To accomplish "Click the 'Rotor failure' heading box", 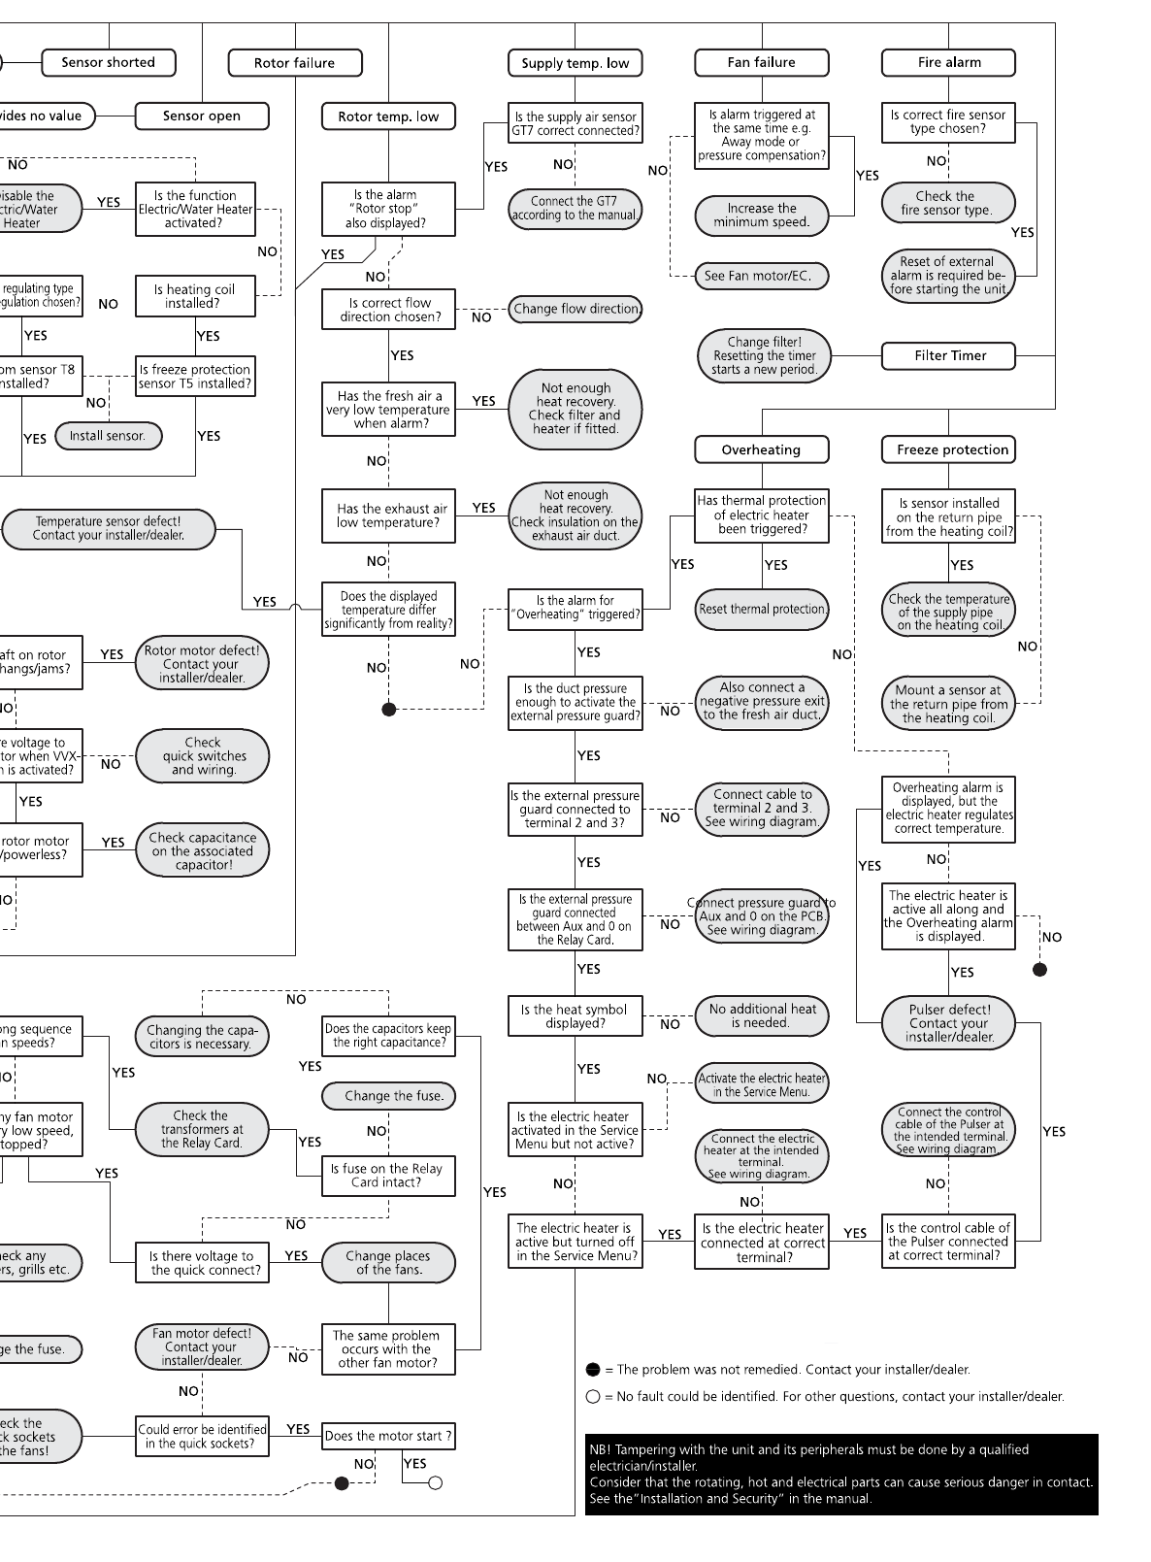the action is click(294, 63).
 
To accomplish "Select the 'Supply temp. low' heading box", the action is click(575, 63).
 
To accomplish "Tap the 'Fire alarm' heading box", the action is click(948, 62).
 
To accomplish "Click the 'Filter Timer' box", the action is click(949, 355).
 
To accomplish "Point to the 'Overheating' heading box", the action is click(761, 449).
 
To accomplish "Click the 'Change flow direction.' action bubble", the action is click(575, 309).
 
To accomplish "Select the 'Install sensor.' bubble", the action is click(108, 436).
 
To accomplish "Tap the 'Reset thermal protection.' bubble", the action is click(762, 609).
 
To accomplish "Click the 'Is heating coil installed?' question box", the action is click(195, 296).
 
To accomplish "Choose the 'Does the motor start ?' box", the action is click(387, 1436).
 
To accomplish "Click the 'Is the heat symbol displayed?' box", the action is click(575, 1015).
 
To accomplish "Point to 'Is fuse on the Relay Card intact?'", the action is click(386, 1176).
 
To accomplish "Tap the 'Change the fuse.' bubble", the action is click(388, 1096).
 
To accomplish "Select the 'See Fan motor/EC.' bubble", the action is click(762, 276).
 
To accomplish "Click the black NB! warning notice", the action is click(840, 1474).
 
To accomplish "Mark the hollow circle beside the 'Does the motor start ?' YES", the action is click(436, 1482).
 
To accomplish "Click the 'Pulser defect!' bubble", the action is click(948, 1022).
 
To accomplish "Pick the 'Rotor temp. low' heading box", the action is click(388, 116).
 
